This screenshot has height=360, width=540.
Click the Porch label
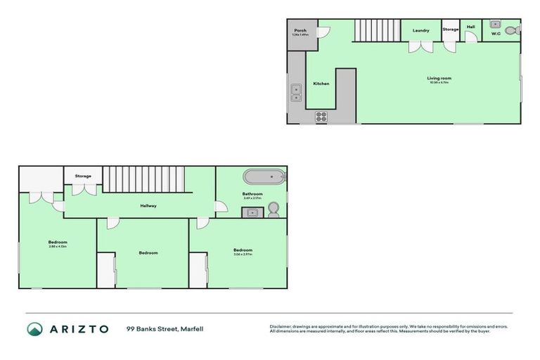tap(300, 31)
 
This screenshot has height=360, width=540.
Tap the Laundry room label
tap(420, 30)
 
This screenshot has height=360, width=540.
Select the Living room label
tap(439, 78)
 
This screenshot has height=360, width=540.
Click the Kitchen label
tap(321, 84)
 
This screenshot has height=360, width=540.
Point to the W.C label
tap(496, 34)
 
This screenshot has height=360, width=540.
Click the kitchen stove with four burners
tap(321, 117)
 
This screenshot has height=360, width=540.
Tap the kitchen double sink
tap(296, 92)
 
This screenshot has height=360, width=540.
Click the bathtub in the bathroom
tap(264, 176)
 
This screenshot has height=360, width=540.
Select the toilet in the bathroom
tap(274, 210)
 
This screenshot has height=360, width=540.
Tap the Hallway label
tap(148, 205)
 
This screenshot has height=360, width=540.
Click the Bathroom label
tap(252, 193)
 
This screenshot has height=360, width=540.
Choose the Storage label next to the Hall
tap(451, 30)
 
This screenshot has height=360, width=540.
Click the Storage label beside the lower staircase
tap(83, 176)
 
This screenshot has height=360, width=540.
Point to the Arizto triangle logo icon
tap(35, 329)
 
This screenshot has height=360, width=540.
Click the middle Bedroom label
tap(148, 252)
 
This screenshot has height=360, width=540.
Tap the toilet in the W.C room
tap(517, 31)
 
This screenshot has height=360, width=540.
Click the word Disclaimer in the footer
tap(282, 326)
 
